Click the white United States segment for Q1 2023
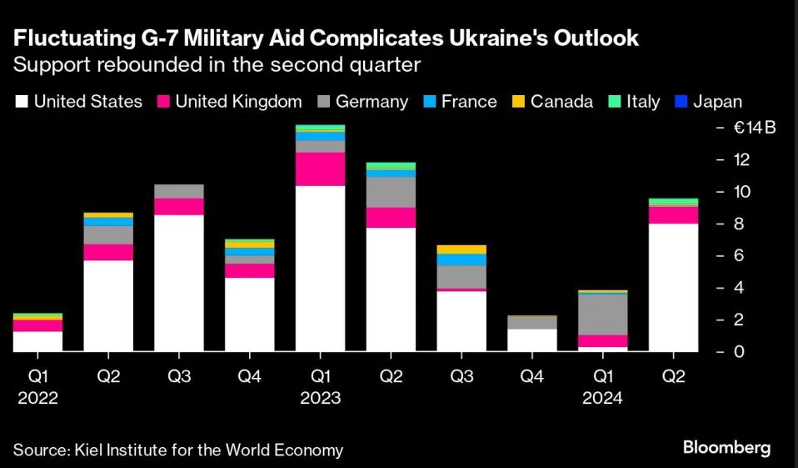(321, 268)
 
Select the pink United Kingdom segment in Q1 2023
(321, 169)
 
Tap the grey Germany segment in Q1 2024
(603, 315)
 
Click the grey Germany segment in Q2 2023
(391, 192)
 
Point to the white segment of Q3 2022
(179, 283)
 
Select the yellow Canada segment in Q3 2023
(461, 249)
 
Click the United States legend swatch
(22, 102)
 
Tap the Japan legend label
(717, 102)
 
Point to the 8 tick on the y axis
(738, 224)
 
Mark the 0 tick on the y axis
(738, 351)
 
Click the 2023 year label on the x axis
(321, 398)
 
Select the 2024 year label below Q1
(603, 398)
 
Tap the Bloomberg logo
(726, 448)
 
